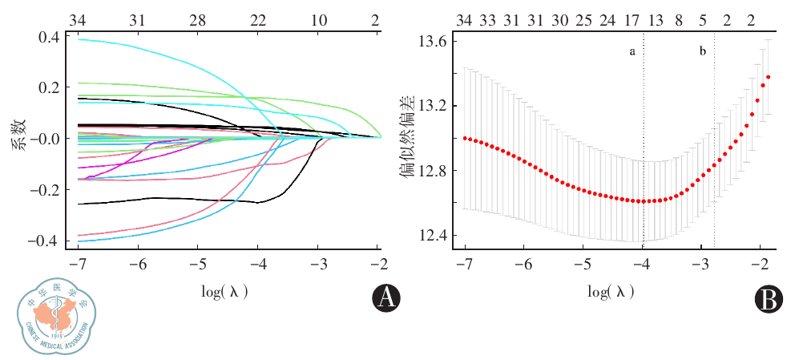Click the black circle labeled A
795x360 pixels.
(386, 298)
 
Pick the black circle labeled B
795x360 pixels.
(768, 298)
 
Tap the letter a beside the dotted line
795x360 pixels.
(632, 52)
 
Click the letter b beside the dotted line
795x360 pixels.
(703, 52)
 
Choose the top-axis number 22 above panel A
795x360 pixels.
(257, 20)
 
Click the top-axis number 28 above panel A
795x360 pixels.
(197, 20)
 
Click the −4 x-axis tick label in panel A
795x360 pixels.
(257, 265)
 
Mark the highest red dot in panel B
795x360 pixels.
(768, 78)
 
